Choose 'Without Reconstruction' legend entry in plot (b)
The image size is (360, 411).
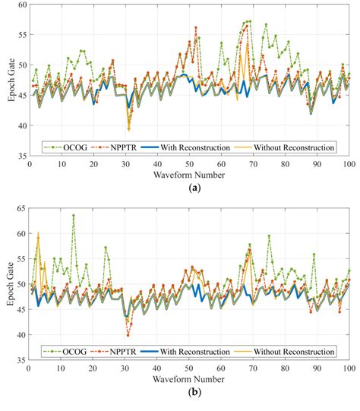pos(292,352)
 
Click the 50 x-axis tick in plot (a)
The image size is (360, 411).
pos(189,163)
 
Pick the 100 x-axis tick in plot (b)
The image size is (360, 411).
pos(349,368)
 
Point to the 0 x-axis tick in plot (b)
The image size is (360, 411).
pos(29,368)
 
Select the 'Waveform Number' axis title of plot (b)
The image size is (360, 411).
pos(188,380)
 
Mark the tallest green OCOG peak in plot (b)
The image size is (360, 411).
pos(74,216)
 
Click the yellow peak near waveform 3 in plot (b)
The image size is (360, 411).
pos(38,233)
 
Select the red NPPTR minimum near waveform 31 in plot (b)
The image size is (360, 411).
pos(128,334)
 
